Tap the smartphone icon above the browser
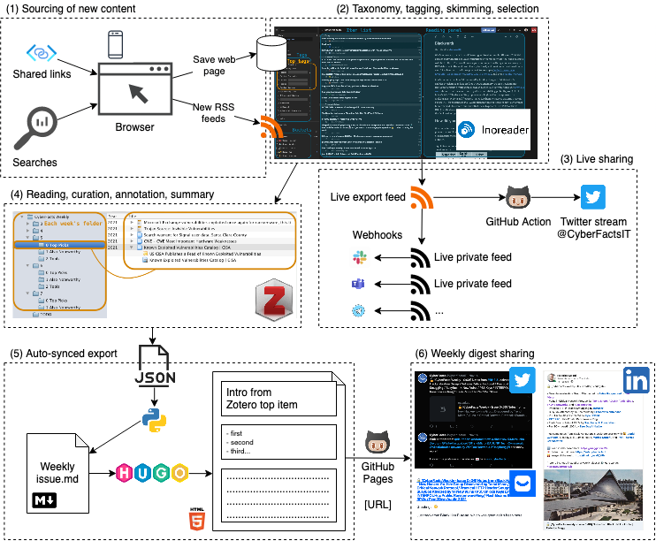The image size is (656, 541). [x=115, y=44]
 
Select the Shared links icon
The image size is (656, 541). [x=42, y=53]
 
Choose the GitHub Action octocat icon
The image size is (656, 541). [x=517, y=196]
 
